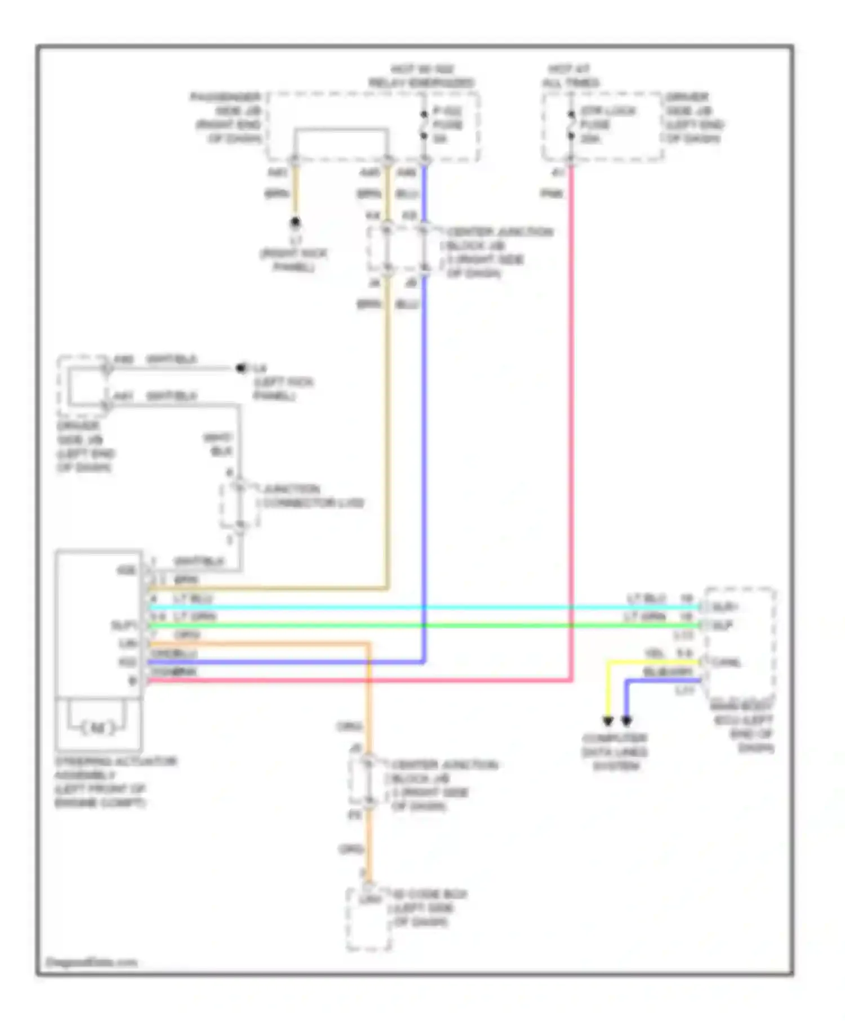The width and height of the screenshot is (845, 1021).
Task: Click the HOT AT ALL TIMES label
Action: point(570,76)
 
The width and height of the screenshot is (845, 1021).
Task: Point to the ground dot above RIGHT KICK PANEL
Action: point(295,222)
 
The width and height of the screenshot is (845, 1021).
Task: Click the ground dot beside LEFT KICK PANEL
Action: point(241,368)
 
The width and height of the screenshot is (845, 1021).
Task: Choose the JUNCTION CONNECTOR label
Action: point(312,495)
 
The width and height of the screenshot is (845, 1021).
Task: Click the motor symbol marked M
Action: point(97,728)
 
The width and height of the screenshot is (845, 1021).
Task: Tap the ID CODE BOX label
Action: point(428,907)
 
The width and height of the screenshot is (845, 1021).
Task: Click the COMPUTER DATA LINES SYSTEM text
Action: point(615,751)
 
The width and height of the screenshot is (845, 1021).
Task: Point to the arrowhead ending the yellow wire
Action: point(608,721)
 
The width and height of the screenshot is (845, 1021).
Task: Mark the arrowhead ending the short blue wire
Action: point(626,721)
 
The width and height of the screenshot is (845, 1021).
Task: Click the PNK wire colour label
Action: point(552,194)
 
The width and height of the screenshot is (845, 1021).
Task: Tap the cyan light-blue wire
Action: point(394,607)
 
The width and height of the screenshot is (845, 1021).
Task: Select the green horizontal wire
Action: point(394,625)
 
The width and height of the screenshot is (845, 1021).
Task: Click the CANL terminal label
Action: point(727,662)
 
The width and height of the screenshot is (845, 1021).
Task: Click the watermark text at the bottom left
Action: point(91,962)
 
